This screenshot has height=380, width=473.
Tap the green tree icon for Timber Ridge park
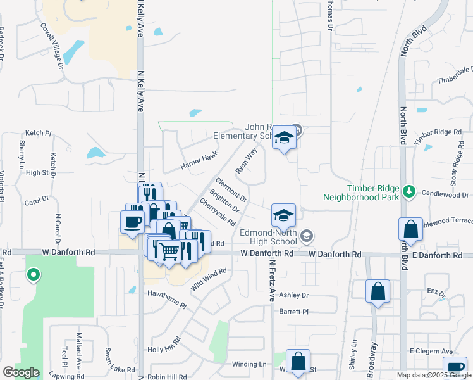409,191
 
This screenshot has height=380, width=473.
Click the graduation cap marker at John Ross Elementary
284,137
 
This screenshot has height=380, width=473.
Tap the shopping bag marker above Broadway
378,292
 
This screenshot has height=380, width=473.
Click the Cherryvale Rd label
218,213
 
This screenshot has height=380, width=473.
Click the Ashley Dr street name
293,295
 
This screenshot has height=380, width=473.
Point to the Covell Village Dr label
52,46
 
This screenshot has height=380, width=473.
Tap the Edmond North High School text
268,237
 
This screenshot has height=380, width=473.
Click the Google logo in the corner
21,372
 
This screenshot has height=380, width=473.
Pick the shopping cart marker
168,251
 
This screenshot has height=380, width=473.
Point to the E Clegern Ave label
431,351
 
